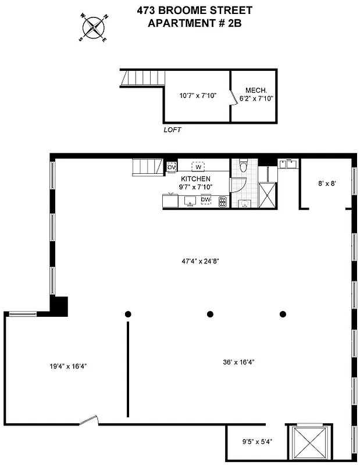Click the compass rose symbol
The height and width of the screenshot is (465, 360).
[93, 27]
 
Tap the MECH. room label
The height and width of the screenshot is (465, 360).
[256, 90]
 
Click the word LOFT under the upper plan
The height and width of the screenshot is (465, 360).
[173, 130]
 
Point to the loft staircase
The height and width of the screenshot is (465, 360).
[142, 78]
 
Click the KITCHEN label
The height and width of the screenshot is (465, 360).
[196, 178]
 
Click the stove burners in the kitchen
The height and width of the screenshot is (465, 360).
[222, 201]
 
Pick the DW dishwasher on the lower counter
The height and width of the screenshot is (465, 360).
[205, 200]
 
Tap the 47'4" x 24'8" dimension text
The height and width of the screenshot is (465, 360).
[199, 261]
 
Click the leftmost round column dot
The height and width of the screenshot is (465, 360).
[128, 314]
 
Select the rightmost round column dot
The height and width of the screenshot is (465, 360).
[283, 314]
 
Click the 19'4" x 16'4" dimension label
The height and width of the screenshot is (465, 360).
[68, 366]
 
